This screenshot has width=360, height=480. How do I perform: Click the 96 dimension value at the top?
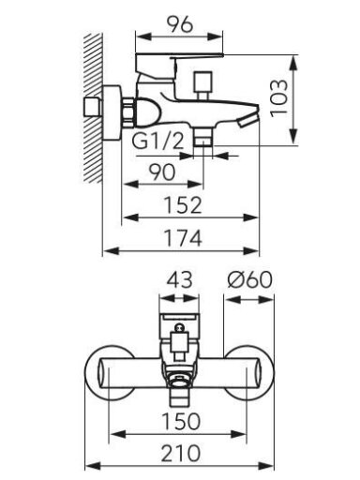coord(179,24)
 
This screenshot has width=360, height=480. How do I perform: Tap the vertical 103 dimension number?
coord(278,98)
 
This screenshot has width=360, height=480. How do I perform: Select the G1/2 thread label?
coord(157,141)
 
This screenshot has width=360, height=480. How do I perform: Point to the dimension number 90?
coord(162,172)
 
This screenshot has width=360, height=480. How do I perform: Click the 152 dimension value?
coord(183,205)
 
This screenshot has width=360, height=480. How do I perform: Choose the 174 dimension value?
coord(183,238)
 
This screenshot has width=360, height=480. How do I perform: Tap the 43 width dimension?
coord(179,279)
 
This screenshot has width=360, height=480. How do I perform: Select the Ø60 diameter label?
coord(250,279)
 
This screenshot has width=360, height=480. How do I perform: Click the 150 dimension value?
coord(181,421)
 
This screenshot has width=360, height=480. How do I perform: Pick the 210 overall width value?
coord(181,453)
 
